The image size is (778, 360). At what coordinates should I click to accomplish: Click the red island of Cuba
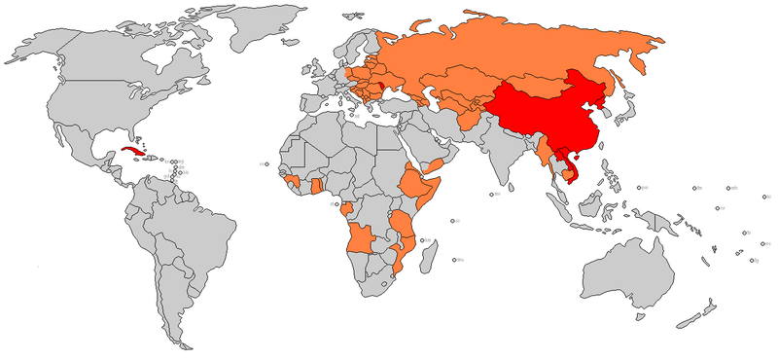[132, 153]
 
